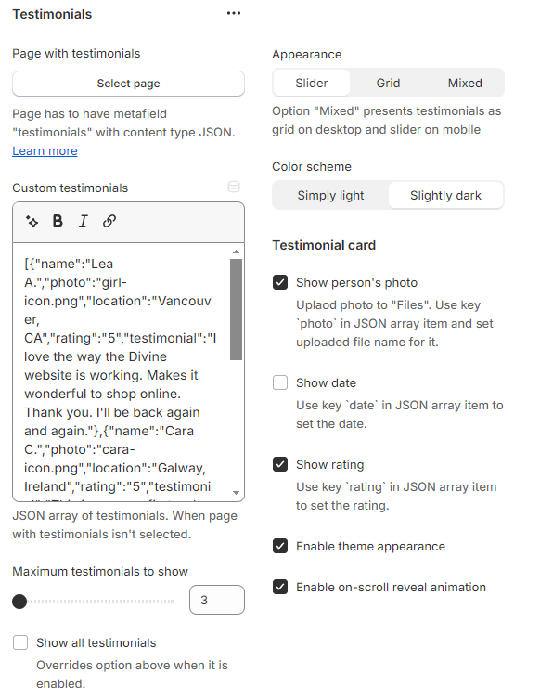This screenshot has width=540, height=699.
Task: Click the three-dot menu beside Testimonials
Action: click(234, 14)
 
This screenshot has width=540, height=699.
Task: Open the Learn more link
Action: click(45, 151)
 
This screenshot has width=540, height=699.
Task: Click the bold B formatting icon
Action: click(58, 221)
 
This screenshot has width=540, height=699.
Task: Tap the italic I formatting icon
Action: click(84, 221)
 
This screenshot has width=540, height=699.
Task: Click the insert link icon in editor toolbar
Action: click(109, 221)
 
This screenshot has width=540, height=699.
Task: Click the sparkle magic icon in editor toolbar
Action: click(32, 221)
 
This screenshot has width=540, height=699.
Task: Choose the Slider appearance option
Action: click(312, 83)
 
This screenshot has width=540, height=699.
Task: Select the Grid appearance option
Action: click(388, 83)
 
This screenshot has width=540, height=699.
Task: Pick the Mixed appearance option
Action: click(465, 83)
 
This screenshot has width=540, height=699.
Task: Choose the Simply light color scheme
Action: click(330, 196)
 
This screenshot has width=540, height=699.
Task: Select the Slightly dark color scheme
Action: click(445, 196)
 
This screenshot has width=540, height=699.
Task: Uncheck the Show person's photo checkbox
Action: click(280, 282)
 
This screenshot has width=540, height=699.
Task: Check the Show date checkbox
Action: click(280, 382)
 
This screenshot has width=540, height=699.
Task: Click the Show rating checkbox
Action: click(280, 464)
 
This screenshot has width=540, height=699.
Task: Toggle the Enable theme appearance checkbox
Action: click(280, 546)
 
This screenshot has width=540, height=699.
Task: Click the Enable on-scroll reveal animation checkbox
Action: click(280, 587)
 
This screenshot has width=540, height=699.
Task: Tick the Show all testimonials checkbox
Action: click(20, 642)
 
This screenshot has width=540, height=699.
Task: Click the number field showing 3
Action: click(216, 600)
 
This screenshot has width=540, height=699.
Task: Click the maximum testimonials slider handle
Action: click(19, 602)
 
